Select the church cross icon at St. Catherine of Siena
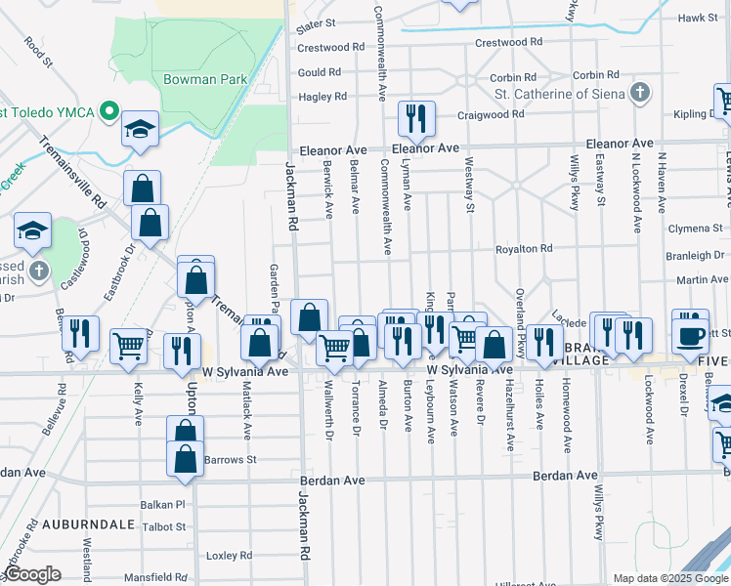639,94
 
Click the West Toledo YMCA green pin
110,111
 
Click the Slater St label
316,21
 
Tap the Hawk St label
698,18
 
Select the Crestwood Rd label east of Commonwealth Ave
507,43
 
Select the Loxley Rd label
230,555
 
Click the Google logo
32,574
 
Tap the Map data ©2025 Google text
668,578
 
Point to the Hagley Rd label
322,97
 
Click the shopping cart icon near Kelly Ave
129,347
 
